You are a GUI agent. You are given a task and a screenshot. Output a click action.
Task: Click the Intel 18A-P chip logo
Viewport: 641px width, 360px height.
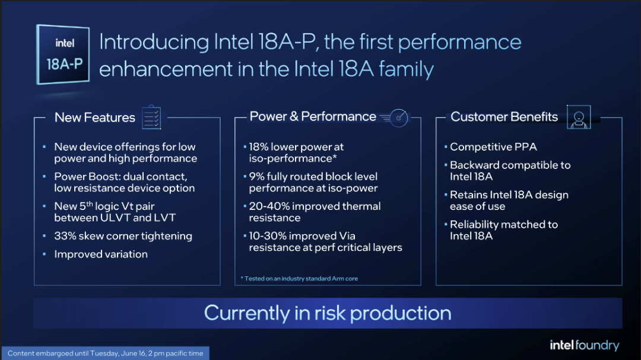(x=63, y=55)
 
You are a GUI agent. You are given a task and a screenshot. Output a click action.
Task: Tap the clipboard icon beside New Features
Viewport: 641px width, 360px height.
(x=151, y=117)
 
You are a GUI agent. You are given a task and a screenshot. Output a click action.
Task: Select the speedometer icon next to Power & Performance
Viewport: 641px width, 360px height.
(x=395, y=117)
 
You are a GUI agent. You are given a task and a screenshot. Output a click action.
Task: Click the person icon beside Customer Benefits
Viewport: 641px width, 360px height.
(x=579, y=117)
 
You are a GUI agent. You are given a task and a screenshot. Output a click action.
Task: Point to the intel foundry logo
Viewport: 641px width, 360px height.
(x=585, y=345)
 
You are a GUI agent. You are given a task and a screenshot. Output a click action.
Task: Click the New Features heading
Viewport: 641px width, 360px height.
(x=95, y=117)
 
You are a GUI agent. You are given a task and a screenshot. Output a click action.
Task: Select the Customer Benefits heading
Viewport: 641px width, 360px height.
(x=504, y=117)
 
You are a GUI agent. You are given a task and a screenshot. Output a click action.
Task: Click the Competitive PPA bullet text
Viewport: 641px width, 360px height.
(x=493, y=146)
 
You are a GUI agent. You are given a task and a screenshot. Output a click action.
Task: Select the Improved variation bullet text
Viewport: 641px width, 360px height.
(x=101, y=254)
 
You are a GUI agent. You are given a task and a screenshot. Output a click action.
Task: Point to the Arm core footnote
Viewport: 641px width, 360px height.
(x=299, y=279)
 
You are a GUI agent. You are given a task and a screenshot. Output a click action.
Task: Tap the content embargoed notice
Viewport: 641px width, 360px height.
(x=106, y=353)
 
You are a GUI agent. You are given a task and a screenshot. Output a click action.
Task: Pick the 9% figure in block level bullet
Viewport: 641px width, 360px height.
(x=256, y=177)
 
